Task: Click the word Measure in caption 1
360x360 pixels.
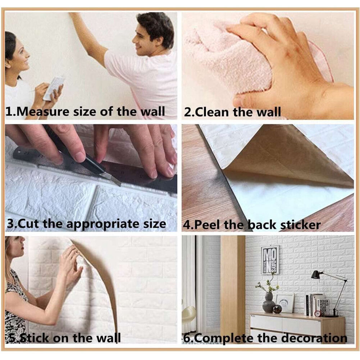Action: tap(43, 111)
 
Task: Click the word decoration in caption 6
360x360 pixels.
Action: tap(314, 338)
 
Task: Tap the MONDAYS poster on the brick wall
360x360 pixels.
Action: tap(270, 260)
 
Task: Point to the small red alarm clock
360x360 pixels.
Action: tap(318, 313)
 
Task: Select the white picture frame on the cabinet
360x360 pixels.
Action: tap(285, 303)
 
